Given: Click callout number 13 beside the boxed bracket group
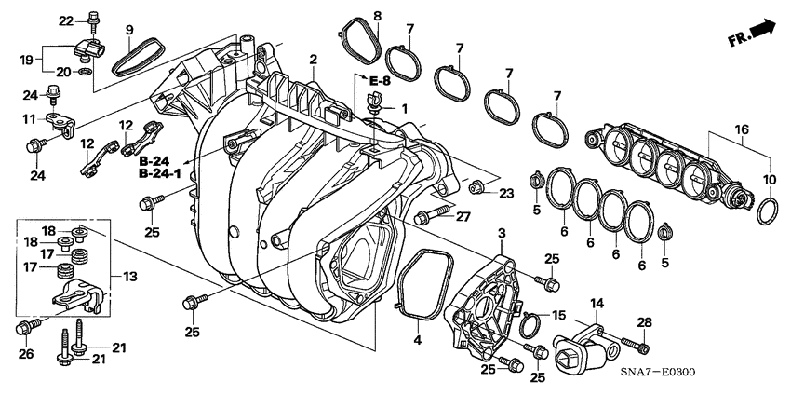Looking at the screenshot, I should click(x=129, y=277).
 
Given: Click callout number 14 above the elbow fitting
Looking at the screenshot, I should click(x=597, y=303).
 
